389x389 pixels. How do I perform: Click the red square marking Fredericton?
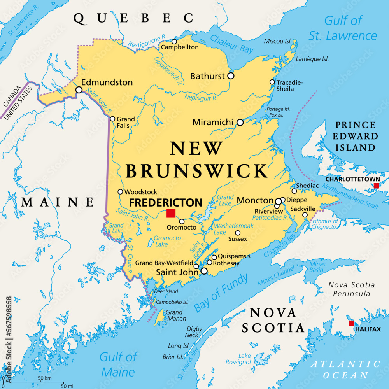(x=171, y=213)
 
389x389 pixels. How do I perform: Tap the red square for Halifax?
(x=351, y=323)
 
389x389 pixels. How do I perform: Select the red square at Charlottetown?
(x=376, y=186)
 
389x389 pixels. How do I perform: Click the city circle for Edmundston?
(x=79, y=90)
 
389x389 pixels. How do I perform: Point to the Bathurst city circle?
(x=231, y=76)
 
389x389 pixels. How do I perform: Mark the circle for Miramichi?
(x=240, y=123)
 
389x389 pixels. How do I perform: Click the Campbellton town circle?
(x=174, y=42)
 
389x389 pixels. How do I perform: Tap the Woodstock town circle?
(x=120, y=192)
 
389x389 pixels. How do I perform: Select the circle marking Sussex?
(x=238, y=233)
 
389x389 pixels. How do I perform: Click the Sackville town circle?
(x=305, y=215)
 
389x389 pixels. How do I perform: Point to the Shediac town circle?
(x=294, y=191)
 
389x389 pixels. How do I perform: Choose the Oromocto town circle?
(x=182, y=221)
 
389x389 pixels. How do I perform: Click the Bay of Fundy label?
(x=221, y=292)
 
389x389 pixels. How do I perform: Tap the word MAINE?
(x=58, y=202)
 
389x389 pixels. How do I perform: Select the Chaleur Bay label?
(x=232, y=44)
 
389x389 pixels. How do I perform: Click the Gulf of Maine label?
(x=119, y=364)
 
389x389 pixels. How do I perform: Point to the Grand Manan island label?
(x=174, y=315)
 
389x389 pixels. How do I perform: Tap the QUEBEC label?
(x=134, y=18)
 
